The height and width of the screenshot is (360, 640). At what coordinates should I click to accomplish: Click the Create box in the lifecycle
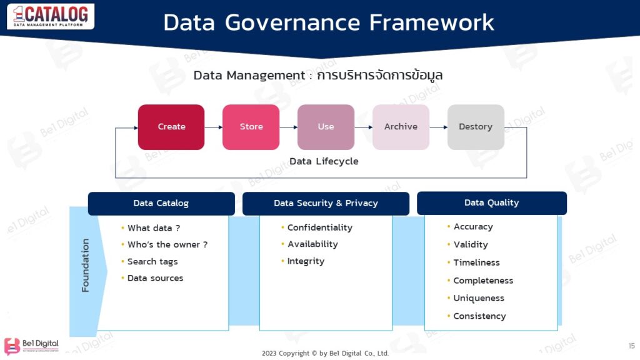pos(171,127)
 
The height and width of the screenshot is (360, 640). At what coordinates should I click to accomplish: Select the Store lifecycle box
pos(251,127)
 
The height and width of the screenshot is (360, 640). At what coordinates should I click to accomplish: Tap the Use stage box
pos(326,127)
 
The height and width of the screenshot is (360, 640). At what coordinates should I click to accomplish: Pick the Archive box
pos(401,127)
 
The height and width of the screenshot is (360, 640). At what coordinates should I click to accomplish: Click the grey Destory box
pos(476,127)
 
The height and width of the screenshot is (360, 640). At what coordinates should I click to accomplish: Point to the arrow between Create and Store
pos(213,127)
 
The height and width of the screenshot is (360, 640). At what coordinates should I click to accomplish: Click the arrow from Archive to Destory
pos(438,127)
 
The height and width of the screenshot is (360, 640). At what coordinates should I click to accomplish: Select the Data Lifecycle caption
pos(324,161)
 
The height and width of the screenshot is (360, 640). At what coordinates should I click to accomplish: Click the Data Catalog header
pos(161,203)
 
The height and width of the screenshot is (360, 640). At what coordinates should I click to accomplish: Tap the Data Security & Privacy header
pos(326,203)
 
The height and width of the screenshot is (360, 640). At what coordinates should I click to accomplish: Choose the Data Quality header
pos(491,202)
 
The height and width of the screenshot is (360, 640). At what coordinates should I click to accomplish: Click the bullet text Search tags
pos(152,262)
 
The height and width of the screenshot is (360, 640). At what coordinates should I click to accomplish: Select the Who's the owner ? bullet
pos(167,245)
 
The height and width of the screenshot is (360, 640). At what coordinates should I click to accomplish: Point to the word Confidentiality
pos(319,227)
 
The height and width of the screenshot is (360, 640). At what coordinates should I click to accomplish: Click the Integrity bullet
pos(306,261)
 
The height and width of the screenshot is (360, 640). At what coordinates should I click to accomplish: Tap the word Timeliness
pos(476,262)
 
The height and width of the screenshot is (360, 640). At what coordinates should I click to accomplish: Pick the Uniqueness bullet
pos(479,298)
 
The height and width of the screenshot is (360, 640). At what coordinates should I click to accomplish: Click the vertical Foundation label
pos(86,265)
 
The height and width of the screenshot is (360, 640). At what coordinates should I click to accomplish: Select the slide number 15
pos(631,346)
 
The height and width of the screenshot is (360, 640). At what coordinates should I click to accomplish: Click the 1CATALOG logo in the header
pos(51,16)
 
